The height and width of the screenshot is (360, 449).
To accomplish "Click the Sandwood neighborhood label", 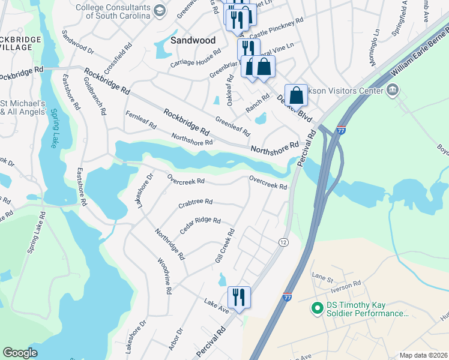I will (x=193, y=41).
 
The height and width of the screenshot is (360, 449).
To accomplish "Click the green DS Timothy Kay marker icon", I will (x=317, y=308).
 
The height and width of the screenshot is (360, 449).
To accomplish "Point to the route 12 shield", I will (x=283, y=242).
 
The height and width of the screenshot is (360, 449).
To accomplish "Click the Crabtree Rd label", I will (x=195, y=203).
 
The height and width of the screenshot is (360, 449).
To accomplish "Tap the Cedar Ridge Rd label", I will (x=200, y=224).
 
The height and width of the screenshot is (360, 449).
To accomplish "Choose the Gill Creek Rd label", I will (x=224, y=246).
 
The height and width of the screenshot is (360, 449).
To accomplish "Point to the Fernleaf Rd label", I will (x=140, y=121).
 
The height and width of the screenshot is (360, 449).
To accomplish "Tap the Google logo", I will (x=20, y=353).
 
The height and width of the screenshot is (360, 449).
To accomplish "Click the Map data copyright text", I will (x=423, y=355).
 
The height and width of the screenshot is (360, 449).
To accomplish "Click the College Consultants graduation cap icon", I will (x=159, y=10).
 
